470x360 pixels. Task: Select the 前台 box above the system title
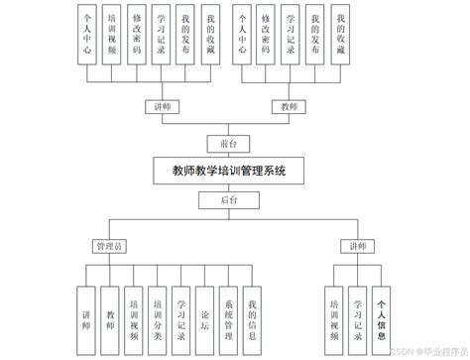[227, 141]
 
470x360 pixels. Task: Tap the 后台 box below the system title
[228, 200]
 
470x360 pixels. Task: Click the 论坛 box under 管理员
[203, 308]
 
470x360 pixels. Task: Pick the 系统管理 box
[228, 308]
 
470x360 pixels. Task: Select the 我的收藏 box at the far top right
[342, 38]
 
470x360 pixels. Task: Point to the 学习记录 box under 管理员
[179, 308]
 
